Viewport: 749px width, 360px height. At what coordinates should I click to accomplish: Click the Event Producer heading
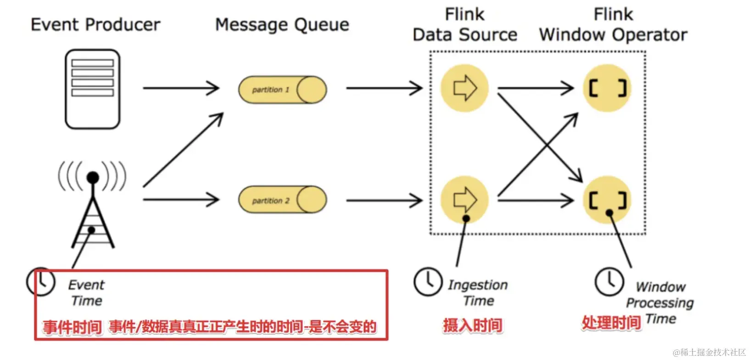[95, 25]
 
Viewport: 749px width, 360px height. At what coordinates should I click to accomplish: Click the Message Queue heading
[282, 25]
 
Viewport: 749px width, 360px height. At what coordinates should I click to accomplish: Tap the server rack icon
[92, 89]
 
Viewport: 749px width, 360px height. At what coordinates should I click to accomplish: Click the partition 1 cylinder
[282, 90]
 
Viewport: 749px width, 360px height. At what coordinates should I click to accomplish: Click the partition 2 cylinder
[282, 200]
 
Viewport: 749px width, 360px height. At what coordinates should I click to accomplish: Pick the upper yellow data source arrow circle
[464, 88]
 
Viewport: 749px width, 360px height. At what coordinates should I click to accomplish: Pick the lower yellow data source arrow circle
[464, 200]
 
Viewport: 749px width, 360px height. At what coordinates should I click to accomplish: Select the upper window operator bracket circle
[607, 88]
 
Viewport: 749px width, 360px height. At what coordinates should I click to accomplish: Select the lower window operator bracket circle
[607, 200]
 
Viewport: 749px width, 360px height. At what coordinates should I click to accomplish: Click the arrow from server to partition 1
[181, 88]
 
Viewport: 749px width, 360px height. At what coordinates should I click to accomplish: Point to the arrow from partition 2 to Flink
[384, 200]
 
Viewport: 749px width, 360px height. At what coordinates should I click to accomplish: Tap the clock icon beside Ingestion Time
[428, 281]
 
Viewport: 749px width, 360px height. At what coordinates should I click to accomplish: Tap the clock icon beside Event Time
[41, 281]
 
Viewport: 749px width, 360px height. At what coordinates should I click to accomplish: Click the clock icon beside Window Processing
[609, 281]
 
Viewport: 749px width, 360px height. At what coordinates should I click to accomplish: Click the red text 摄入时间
[472, 326]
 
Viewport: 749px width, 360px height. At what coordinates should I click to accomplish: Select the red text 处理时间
[611, 322]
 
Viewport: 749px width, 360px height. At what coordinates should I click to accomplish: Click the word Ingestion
[478, 285]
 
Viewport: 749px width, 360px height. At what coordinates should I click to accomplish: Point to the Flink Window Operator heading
[613, 25]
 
